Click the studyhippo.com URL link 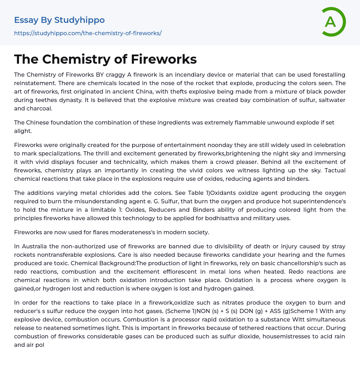tap(88, 33)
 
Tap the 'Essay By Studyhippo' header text tap(59, 20)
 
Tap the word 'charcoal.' tap(39, 108)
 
